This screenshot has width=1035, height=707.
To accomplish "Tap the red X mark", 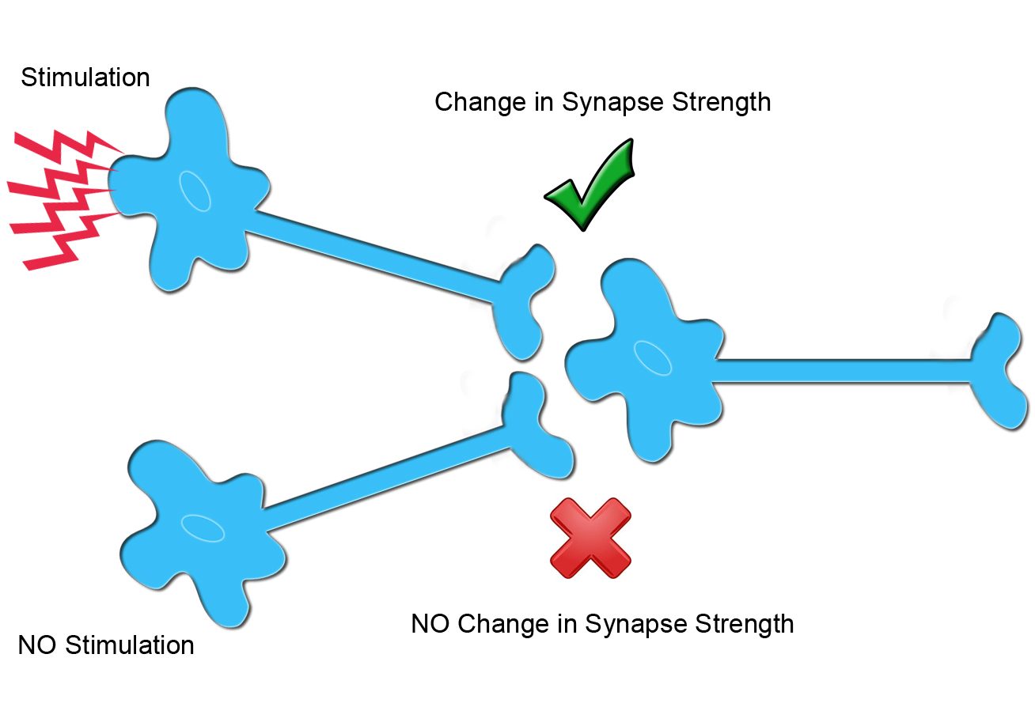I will click(x=590, y=538).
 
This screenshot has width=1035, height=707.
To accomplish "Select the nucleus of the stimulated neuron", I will click(x=195, y=191).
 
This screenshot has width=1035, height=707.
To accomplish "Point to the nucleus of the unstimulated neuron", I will click(x=203, y=528).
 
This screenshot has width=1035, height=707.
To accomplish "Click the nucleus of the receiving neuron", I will click(x=654, y=357).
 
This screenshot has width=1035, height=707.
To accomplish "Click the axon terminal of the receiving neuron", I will click(x=999, y=370).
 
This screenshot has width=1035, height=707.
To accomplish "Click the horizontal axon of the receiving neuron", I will click(x=839, y=370).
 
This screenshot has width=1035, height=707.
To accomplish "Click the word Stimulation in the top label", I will click(x=85, y=78).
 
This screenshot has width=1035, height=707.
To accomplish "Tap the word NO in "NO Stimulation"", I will click(x=37, y=645).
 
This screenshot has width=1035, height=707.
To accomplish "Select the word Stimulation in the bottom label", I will click(x=130, y=645).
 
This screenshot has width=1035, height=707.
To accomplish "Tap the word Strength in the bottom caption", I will click(x=744, y=623).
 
